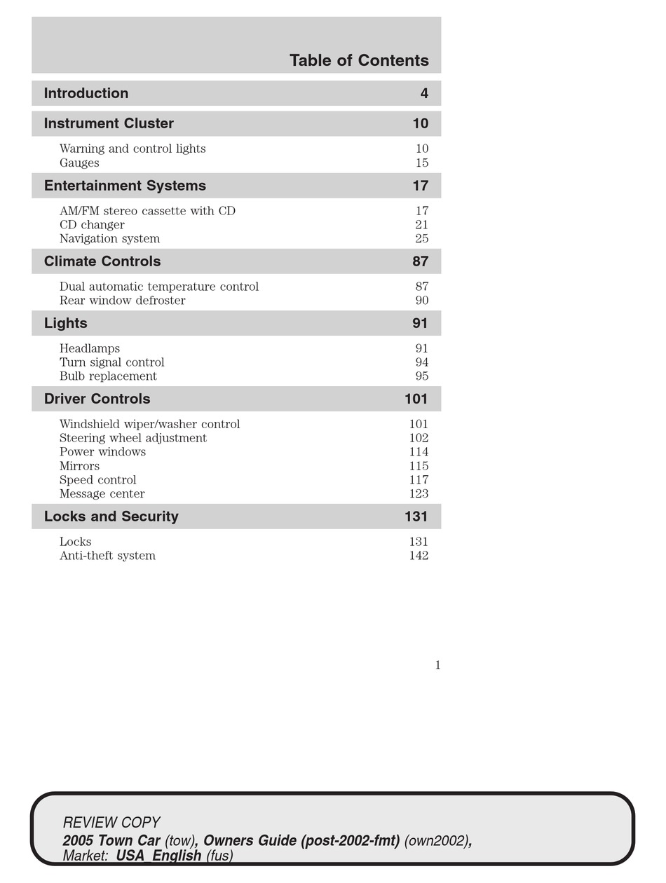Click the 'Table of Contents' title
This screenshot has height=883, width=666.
[x=359, y=61]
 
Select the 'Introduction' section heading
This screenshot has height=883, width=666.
[x=86, y=93]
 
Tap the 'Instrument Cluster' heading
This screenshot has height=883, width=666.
[x=109, y=123]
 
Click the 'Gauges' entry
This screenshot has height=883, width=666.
[x=79, y=163]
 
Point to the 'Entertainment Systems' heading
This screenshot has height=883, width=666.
[x=125, y=186]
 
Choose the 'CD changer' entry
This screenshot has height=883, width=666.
[x=92, y=225]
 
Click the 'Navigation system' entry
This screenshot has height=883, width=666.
[x=109, y=239]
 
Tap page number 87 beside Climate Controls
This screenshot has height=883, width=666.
[x=420, y=261]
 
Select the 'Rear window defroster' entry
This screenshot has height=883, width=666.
[x=123, y=301]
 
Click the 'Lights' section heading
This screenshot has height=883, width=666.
[x=66, y=323]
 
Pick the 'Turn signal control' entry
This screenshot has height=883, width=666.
[x=112, y=362]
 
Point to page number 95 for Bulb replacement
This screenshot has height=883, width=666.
[x=421, y=376]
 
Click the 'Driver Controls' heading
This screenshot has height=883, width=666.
[x=97, y=399]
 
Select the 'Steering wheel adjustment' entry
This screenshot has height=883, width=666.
[x=133, y=438]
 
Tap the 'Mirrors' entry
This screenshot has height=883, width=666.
[x=79, y=466]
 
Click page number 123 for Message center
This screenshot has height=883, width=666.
[x=419, y=494]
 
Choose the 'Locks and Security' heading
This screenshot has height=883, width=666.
[x=111, y=516]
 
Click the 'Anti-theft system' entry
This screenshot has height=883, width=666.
[x=107, y=556]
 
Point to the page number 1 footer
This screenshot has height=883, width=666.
[x=438, y=665]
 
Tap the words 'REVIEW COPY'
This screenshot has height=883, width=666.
[x=111, y=822]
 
